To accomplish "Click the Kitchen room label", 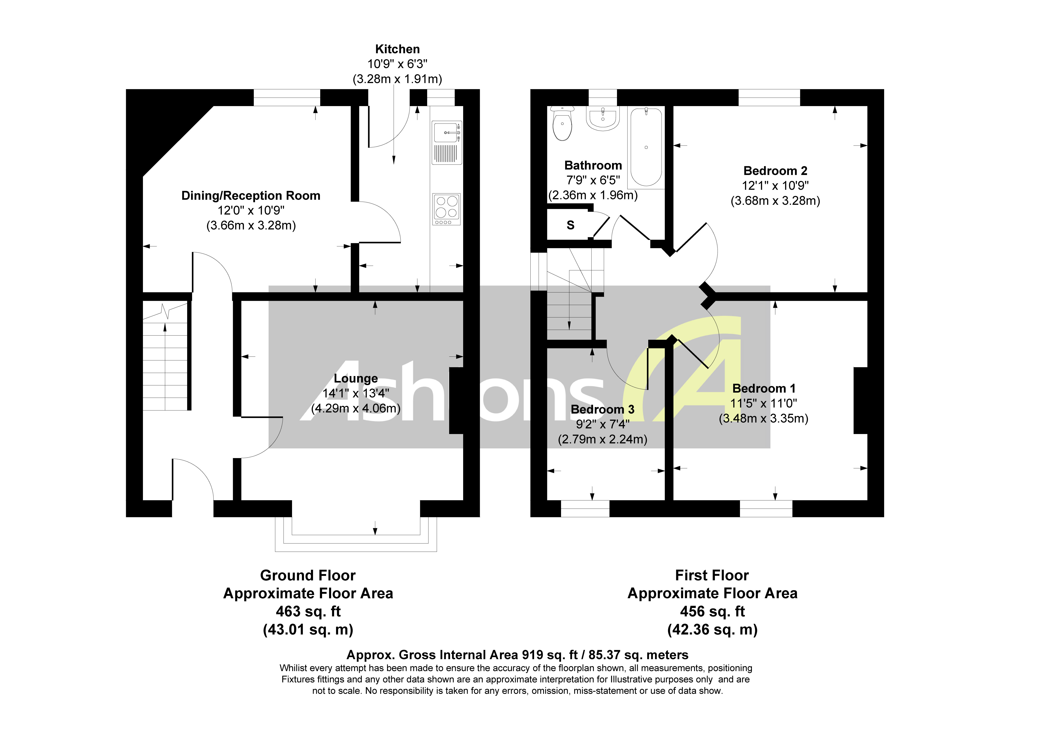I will coord(397,49).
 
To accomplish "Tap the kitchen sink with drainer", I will coord(447,142).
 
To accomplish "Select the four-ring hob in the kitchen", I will coord(447,209).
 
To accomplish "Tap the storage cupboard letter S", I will coord(571,225).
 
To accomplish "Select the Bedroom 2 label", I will coord(775,171).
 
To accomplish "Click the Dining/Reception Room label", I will coord(251,196).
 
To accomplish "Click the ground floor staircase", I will coord(165,358).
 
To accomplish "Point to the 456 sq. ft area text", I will coord(712,611).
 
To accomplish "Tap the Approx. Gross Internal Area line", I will coord(517,655).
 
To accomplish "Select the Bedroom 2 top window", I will coord(769,97).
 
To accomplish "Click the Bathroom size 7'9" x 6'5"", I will coord(593,180).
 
